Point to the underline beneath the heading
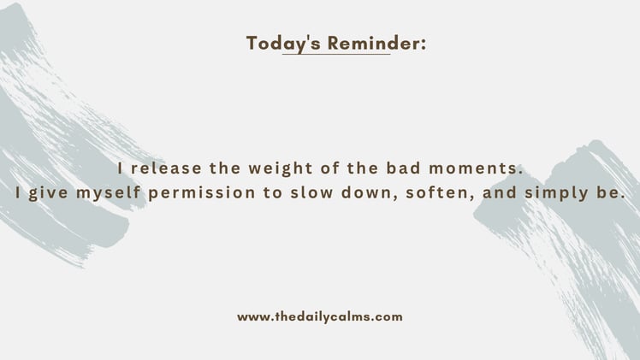[x=335, y=54]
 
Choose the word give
[x=50, y=193]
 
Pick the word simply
[x=554, y=194]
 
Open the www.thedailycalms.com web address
[x=320, y=316]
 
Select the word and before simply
[x=499, y=193]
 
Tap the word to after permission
[x=273, y=193]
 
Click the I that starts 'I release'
[x=121, y=168]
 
